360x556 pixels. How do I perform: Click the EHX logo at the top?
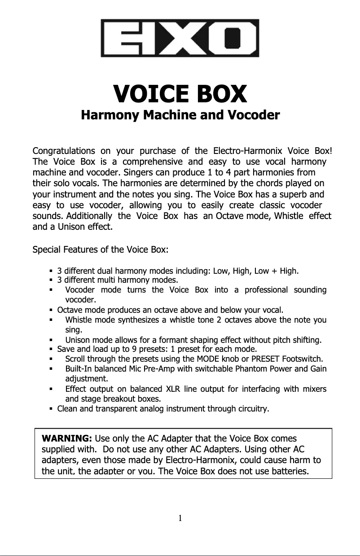pos(180,38)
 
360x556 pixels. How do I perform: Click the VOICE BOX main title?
pos(180,94)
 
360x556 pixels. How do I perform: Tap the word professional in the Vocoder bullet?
pos(266,290)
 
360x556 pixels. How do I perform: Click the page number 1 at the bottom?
pos(180,519)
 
